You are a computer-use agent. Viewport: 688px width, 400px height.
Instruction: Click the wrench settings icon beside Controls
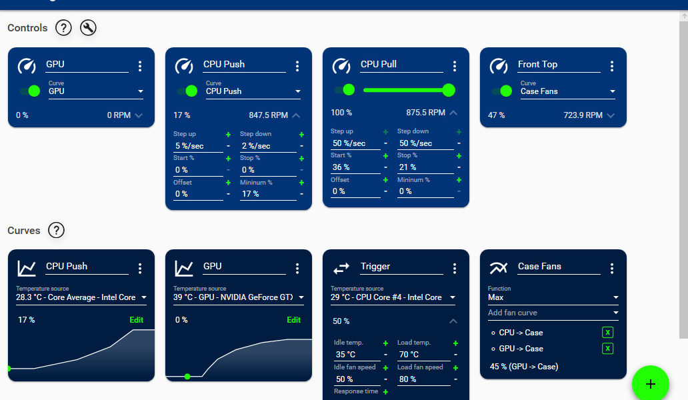click(88, 28)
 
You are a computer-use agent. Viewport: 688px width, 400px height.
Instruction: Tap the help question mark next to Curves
click(57, 231)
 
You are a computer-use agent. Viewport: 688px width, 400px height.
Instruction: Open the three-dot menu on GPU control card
click(140, 66)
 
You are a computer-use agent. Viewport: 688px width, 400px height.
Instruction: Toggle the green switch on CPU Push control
click(187, 91)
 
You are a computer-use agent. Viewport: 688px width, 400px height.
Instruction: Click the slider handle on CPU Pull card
click(449, 90)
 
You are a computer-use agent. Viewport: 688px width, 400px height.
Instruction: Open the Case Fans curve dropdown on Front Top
click(567, 91)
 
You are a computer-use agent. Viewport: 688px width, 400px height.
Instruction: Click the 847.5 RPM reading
click(268, 115)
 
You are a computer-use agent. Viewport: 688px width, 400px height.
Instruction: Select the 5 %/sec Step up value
click(197, 146)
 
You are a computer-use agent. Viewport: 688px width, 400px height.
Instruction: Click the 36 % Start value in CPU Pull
click(355, 167)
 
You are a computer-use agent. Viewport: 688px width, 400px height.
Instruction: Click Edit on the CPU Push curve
click(136, 320)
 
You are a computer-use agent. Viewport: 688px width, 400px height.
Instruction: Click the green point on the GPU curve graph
click(187, 377)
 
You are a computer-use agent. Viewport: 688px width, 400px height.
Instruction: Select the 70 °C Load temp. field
click(423, 355)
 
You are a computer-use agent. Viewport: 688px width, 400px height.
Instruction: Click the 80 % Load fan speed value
click(423, 379)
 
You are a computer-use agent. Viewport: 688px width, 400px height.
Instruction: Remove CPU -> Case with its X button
click(607, 333)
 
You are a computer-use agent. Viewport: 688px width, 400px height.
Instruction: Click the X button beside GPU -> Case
click(607, 349)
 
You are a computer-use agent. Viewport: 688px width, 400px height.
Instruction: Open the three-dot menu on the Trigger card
click(455, 268)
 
